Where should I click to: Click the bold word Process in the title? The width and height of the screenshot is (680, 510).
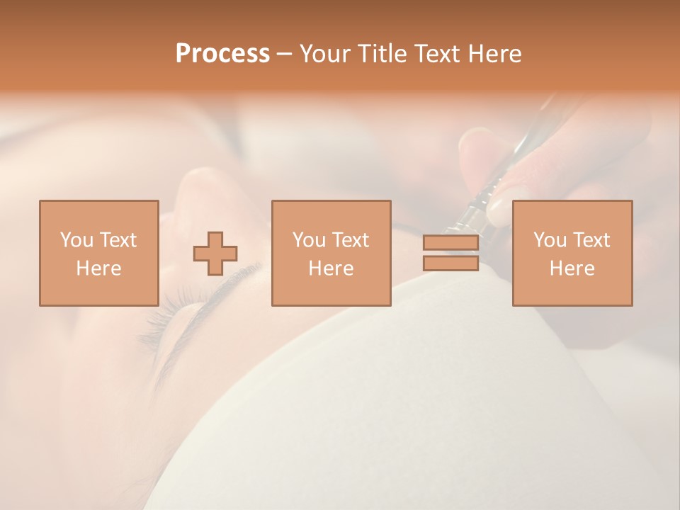tap(222, 54)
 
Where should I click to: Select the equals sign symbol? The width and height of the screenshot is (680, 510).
tap(450, 253)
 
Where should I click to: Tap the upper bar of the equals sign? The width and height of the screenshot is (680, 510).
tap(450, 243)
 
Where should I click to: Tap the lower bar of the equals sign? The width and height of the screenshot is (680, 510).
tap(450, 263)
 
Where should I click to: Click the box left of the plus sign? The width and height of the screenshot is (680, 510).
tap(98, 253)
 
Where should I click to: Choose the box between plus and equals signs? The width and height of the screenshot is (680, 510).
tap(331, 253)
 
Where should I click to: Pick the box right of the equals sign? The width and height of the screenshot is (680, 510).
tap(572, 253)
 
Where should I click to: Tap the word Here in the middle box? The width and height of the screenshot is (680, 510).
tap(331, 268)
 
